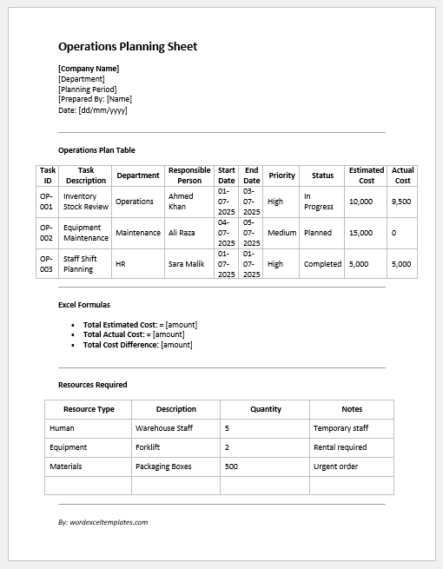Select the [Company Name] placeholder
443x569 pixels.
click(89, 69)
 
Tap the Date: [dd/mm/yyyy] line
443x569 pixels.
click(93, 110)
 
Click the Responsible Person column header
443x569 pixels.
click(189, 175)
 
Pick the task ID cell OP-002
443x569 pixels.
click(47, 233)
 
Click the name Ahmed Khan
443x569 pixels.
click(177, 202)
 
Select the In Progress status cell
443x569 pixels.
click(319, 202)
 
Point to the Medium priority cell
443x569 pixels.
click(281, 233)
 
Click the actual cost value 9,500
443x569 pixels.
click(401, 202)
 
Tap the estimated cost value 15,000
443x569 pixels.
click(360, 233)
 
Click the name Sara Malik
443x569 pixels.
click(186, 264)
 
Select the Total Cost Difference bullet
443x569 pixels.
click(137, 345)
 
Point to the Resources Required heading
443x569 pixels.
click(93, 384)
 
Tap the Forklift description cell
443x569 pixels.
click(150, 447)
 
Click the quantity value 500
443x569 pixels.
click(231, 466)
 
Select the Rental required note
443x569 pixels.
click(340, 447)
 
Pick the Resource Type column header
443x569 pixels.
click(89, 409)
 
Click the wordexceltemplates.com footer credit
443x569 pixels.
click(103, 522)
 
